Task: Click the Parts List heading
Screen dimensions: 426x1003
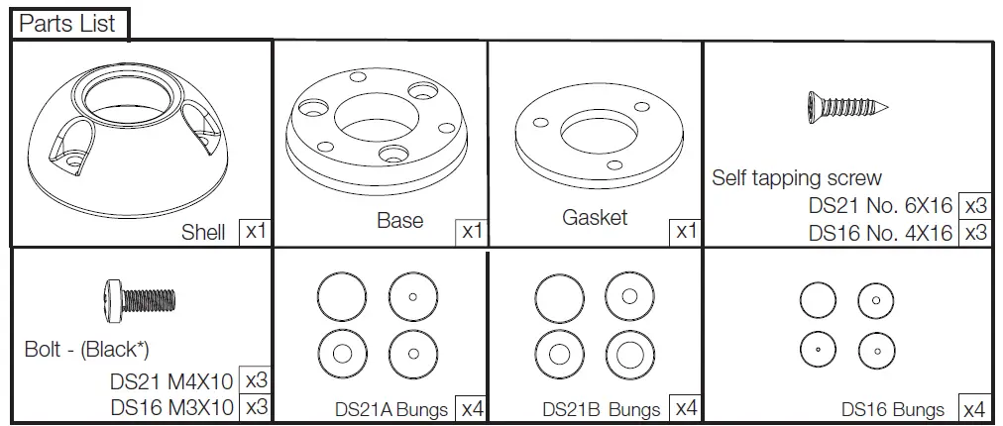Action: click(67, 24)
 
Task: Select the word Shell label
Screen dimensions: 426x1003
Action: click(203, 234)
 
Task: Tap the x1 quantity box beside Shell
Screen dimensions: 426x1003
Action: click(256, 234)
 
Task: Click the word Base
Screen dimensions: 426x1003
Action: click(399, 220)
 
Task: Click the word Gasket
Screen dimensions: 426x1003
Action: click(595, 217)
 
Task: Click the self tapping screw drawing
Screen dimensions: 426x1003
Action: click(845, 104)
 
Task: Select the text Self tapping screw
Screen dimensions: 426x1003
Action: click(796, 178)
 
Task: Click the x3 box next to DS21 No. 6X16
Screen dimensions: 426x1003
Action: click(975, 206)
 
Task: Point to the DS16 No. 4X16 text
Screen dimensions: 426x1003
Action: click(880, 234)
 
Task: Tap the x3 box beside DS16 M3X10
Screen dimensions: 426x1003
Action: click(256, 407)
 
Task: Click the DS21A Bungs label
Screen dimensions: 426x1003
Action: click(391, 409)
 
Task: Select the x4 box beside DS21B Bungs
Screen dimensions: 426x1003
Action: click(686, 408)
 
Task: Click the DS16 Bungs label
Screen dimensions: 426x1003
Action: click(893, 409)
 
